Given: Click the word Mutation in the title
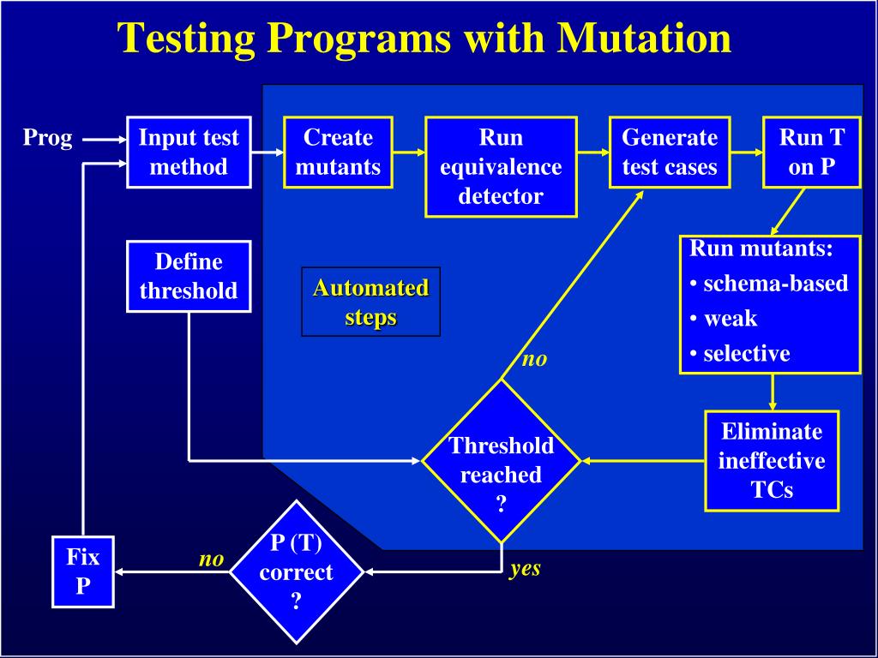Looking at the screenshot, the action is click(644, 38).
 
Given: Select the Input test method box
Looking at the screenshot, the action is click(189, 153).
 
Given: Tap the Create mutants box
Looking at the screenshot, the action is click(338, 153).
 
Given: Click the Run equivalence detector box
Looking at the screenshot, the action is click(501, 167).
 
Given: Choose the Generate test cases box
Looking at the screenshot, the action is click(670, 153).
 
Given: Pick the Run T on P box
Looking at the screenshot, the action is click(811, 153).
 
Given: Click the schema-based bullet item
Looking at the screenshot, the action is click(769, 284).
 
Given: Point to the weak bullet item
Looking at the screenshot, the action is click(724, 319).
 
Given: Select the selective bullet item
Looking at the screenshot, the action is click(740, 354).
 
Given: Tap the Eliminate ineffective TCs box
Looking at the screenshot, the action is click(772, 461).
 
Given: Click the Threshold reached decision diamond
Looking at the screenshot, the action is click(501, 461).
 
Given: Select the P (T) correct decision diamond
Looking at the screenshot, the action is click(296, 571).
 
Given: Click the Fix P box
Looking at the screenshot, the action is click(83, 571).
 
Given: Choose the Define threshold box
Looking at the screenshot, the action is click(189, 277).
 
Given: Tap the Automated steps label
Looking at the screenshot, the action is click(370, 302).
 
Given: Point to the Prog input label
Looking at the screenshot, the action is click(48, 138).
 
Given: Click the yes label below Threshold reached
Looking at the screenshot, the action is click(526, 569).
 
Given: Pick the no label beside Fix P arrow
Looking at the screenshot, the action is click(211, 559).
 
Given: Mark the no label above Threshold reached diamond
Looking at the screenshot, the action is click(534, 359).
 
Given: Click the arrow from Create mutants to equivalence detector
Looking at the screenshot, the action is click(409, 153).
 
